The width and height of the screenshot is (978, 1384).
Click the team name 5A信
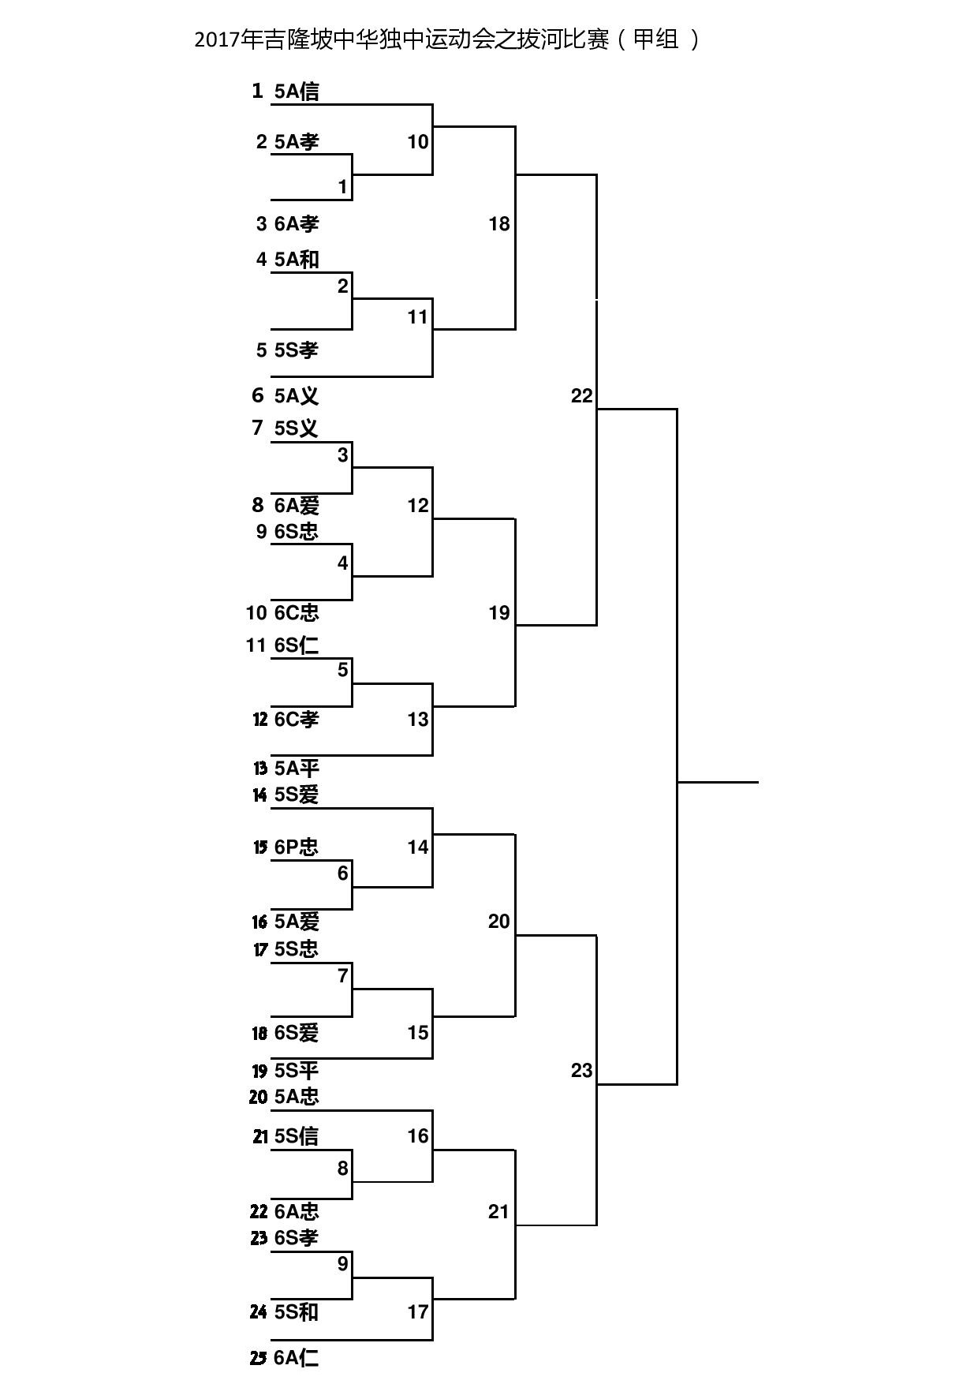click(297, 92)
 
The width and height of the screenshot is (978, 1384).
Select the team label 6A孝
click(297, 224)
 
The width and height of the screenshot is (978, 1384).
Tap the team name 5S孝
click(297, 350)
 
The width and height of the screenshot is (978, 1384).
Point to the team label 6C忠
click(297, 612)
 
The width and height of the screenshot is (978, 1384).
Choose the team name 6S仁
click(297, 645)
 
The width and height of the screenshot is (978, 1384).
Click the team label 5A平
click(297, 768)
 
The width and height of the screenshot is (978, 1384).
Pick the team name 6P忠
click(297, 847)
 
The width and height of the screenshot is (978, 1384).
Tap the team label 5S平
click(297, 1071)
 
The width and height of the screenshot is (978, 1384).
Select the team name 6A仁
click(297, 1358)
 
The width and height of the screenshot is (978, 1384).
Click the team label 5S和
click(297, 1311)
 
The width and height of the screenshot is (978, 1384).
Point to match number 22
click(581, 396)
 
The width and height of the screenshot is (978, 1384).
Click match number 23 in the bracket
click(581, 1071)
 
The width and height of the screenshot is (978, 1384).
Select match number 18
click(499, 224)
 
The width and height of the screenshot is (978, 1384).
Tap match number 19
click(499, 612)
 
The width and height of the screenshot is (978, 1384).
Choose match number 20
click(499, 921)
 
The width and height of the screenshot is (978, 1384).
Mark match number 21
click(499, 1211)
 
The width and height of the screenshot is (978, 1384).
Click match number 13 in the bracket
click(418, 719)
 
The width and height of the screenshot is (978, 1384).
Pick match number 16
click(418, 1135)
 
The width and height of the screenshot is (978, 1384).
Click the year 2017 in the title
click(218, 40)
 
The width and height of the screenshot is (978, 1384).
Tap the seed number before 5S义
click(257, 428)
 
